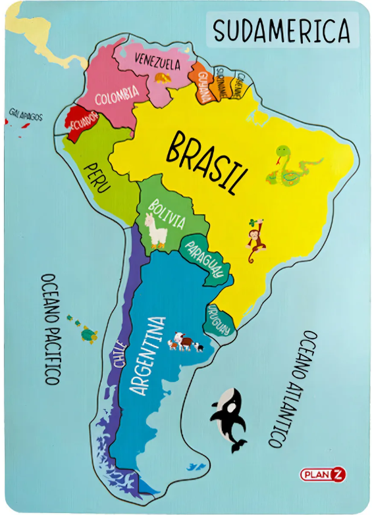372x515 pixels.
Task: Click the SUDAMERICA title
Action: pos(281,30)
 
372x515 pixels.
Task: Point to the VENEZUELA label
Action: pos(157,63)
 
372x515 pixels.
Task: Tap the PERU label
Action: pos(97,176)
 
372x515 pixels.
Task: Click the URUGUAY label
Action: pos(220,319)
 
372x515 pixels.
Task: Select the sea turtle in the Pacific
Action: pos(88,335)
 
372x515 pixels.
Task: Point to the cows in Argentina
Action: pos(185,343)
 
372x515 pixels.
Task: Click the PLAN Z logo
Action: pos(323,473)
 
